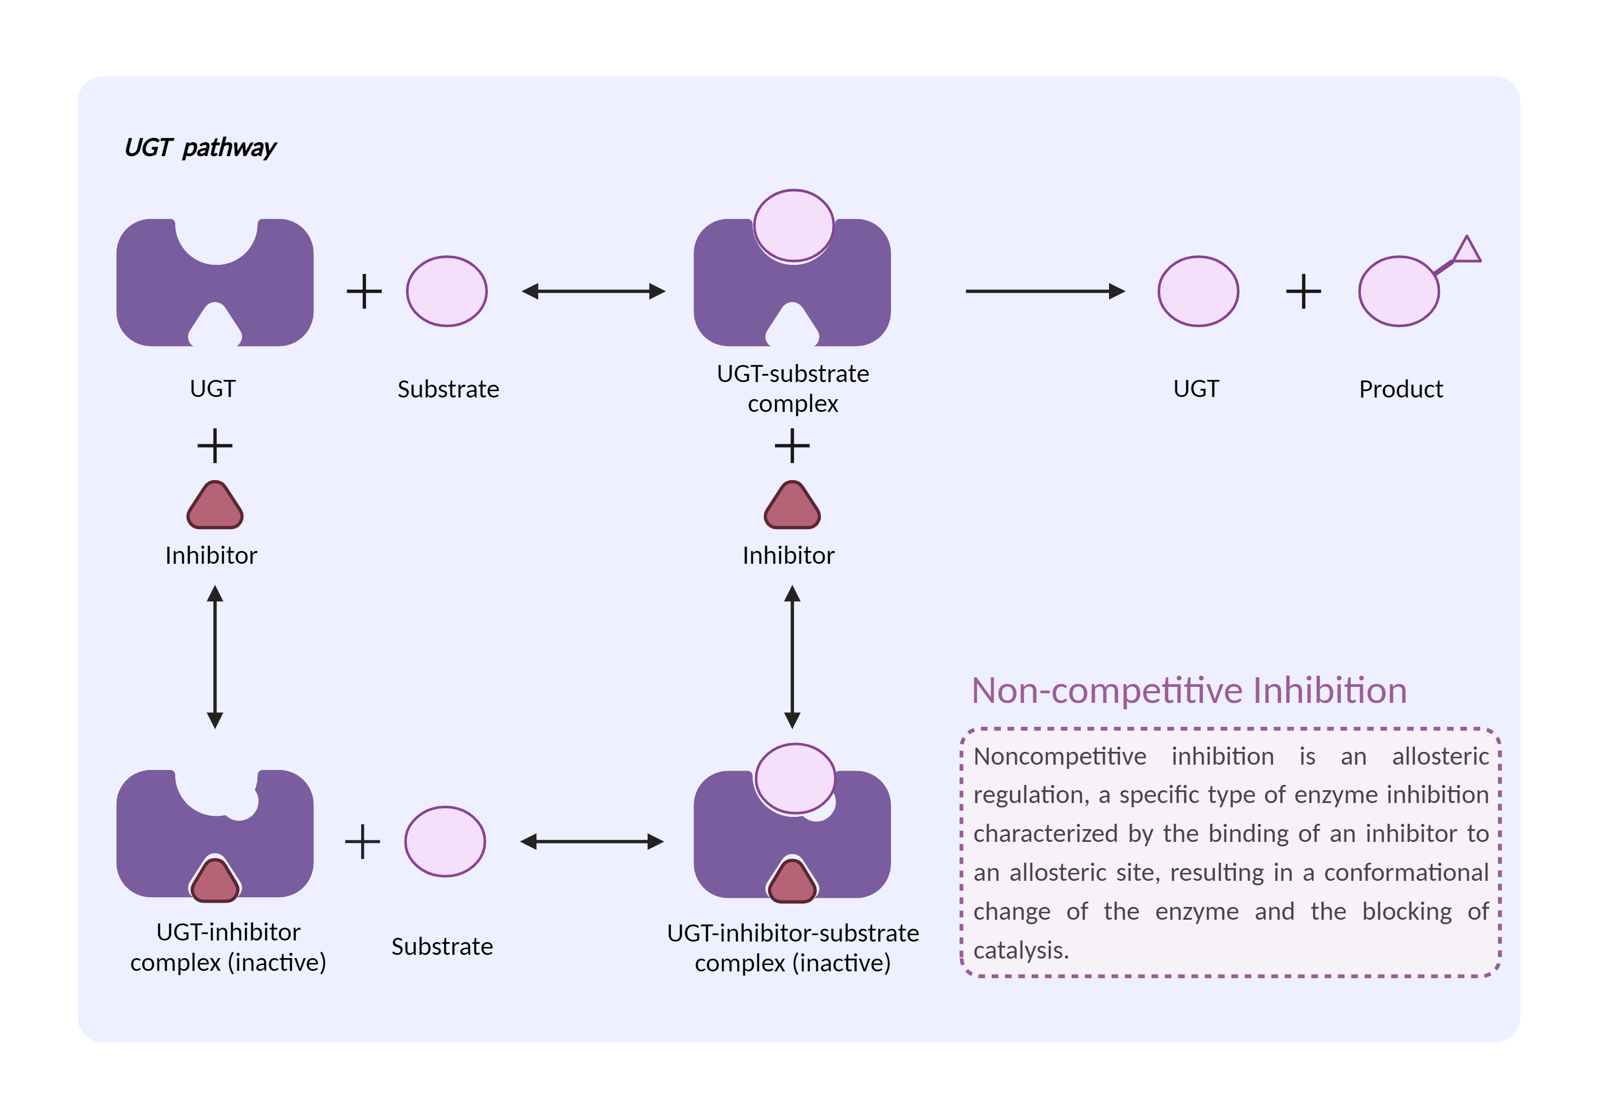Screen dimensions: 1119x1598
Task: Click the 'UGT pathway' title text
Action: [x=200, y=148]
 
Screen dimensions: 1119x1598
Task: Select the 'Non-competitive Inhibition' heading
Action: [x=1189, y=691]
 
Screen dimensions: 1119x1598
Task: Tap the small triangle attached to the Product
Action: [x=1466, y=250]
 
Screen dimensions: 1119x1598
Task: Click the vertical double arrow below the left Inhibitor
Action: [x=215, y=656]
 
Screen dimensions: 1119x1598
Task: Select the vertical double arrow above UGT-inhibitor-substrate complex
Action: [x=792, y=656]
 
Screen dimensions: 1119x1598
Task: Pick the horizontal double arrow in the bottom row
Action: [x=592, y=841]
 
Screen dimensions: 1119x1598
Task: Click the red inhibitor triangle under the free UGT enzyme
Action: [x=215, y=506]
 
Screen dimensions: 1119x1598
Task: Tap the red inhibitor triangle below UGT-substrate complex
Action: [x=792, y=506]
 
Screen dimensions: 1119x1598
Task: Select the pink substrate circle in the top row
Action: [x=447, y=291]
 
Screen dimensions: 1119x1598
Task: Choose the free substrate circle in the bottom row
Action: [x=445, y=841]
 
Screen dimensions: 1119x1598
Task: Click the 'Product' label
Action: [x=1400, y=388]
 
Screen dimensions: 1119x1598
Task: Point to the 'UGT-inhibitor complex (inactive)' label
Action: [x=229, y=947]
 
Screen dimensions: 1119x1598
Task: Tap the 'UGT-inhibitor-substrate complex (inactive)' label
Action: [x=793, y=948]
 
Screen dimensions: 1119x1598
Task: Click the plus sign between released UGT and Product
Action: [x=1303, y=291]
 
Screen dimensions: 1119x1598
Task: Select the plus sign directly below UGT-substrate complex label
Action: [x=792, y=445]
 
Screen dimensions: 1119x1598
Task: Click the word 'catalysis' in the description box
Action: [x=1019, y=950]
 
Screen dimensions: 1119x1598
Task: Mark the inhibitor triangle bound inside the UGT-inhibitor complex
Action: [x=215, y=881]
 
